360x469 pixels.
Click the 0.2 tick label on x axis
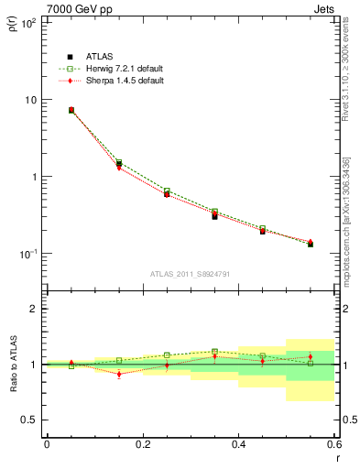tap(142, 444)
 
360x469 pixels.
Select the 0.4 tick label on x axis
tap(238, 444)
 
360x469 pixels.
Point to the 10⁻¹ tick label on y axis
tap(29, 254)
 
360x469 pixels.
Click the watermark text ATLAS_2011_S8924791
tap(190, 274)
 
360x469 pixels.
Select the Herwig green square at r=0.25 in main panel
tap(167, 191)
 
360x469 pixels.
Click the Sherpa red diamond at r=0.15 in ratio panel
tap(119, 374)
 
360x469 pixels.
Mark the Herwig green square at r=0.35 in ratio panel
tap(214, 351)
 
